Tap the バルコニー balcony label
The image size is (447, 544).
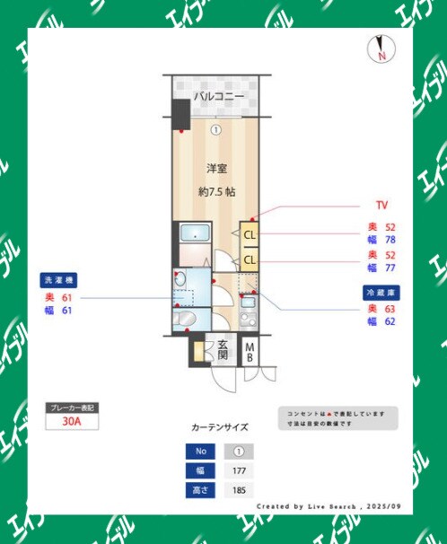coord(219,95)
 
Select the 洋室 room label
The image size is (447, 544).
coord(216,168)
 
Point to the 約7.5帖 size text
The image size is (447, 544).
coord(216,191)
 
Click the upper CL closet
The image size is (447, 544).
coord(250,235)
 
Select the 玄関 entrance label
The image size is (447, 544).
coord(221,350)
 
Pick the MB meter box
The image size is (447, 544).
coord(250,352)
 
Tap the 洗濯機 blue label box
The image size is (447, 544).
coord(60,279)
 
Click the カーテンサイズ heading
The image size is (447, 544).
coord(220,427)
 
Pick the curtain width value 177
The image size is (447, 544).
coord(239,470)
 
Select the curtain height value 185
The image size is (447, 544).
coord(239,490)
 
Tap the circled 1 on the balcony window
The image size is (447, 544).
coord(215,129)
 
